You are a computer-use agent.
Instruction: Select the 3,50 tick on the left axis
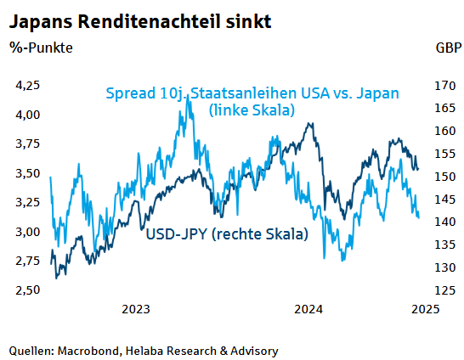tap(29, 173)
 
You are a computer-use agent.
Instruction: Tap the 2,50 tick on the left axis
tap(29, 290)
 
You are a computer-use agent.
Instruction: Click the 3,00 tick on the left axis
tap(29, 232)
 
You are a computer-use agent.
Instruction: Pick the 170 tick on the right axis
tap(444, 86)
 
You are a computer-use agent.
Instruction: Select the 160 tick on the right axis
tap(444, 131)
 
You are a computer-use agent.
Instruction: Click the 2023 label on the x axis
tap(138, 310)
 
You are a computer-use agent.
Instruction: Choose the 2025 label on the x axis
tap(425, 310)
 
